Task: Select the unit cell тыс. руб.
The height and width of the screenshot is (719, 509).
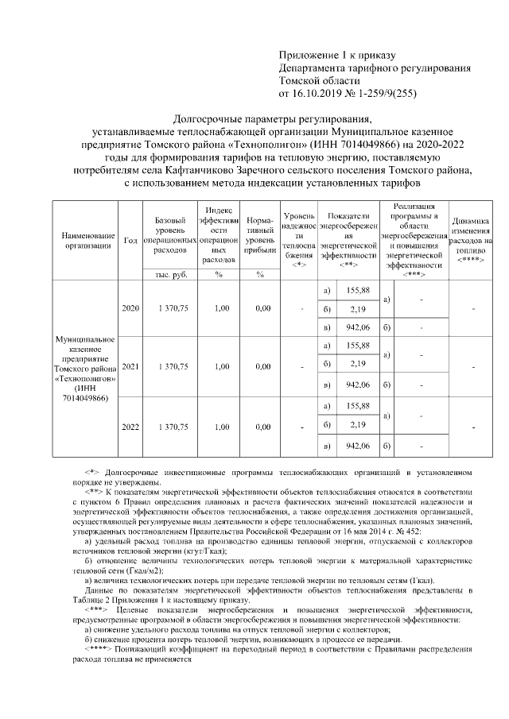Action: click(x=171, y=274)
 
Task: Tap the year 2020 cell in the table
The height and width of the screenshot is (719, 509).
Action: click(x=130, y=308)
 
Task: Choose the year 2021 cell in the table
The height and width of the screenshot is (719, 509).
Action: click(x=130, y=366)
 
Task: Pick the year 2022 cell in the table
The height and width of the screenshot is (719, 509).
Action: click(x=130, y=427)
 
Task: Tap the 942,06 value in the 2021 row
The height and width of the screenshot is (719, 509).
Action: click(x=356, y=385)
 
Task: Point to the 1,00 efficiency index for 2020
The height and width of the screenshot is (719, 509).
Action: click(x=213, y=308)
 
